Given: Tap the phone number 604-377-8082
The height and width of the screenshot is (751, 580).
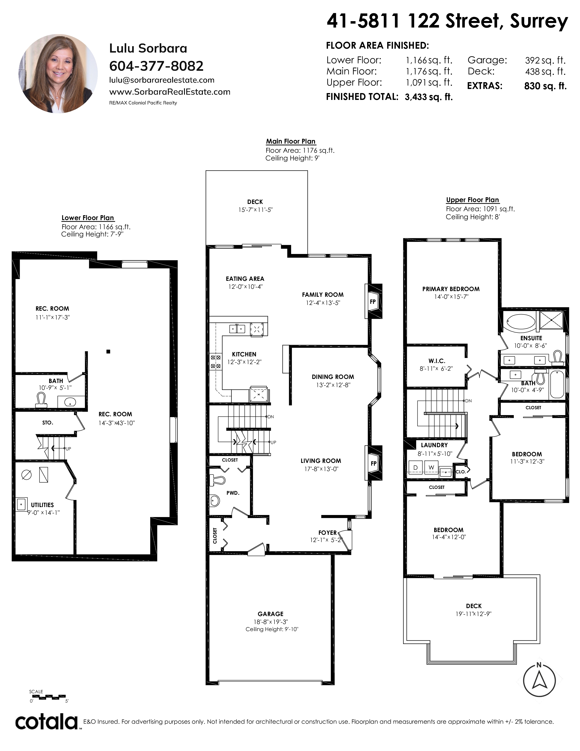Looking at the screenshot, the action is coord(156,66).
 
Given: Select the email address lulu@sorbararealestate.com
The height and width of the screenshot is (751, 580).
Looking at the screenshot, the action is coord(162,80).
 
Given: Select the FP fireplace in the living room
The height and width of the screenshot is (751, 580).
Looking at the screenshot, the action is coord(373,463).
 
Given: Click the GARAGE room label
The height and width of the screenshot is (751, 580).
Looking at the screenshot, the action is coord(271,614).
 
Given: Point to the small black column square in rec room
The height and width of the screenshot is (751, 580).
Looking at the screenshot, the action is coord(108,351).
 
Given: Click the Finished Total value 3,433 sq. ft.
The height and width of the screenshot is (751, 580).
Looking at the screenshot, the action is coord(429,97).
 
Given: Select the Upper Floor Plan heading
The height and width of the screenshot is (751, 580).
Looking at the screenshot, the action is coord(472,200).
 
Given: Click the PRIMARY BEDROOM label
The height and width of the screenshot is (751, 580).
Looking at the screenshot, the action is coord(451,289).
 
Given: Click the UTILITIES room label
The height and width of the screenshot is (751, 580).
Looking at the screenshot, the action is coord(42,505).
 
